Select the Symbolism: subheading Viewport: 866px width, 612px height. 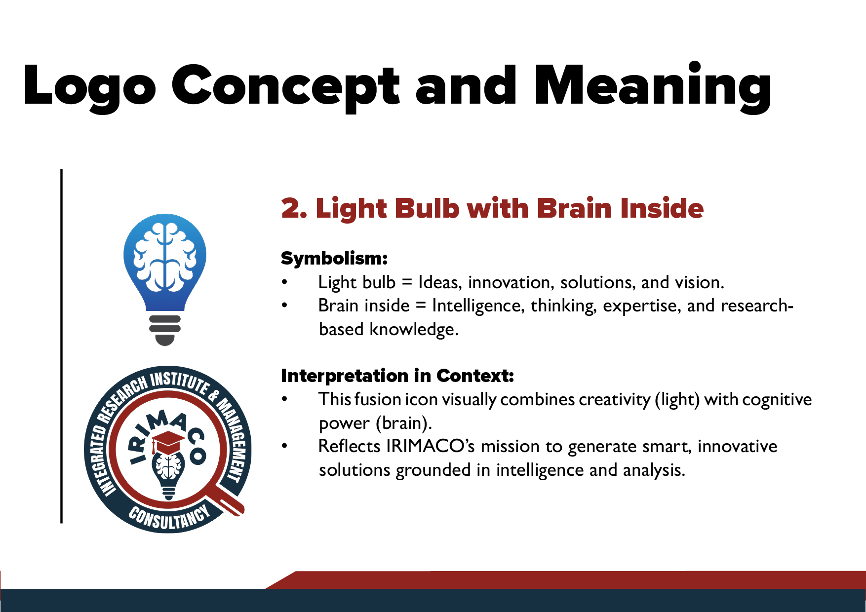tap(334, 258)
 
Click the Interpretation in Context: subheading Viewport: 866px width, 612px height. tap(397, 376)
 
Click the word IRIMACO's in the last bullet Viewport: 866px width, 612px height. tap(431, 446)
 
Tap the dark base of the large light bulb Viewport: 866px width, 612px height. tap(164, 330)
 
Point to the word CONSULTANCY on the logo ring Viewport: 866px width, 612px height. tap(169, 518)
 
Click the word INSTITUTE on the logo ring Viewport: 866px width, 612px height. tap(180, 382)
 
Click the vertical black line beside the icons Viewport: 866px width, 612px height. tap(61, 345)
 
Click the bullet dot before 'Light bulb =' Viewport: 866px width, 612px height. tap(284, 282)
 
